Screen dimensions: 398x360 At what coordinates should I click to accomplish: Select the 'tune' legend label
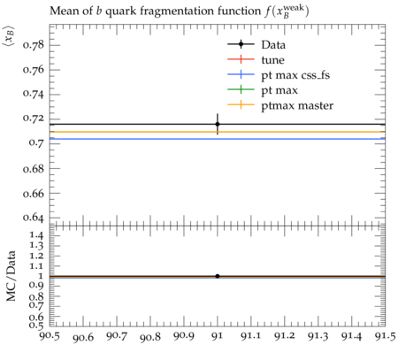(272, 60)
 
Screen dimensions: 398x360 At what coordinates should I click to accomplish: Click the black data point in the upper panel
(218, 124)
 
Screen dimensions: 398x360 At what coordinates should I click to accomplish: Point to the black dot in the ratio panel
(218, 276)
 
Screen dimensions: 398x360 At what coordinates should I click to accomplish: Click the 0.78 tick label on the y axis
(34, 45)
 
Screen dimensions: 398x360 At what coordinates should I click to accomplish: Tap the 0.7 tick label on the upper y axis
(36, 143)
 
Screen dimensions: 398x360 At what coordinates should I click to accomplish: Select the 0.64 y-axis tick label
(34, 218)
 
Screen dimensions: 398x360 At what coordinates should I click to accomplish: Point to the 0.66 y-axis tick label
(34, 194)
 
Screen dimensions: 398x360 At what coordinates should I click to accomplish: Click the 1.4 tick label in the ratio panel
(36, 235)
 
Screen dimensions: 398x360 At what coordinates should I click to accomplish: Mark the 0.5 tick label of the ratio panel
(36, 325)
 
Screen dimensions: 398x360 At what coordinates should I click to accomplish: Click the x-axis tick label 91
(218, 336)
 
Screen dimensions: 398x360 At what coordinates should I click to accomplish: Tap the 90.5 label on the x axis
(50, 336)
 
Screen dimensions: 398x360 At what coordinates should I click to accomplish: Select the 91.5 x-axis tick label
(385, 336)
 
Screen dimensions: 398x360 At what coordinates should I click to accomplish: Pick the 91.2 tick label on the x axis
(285, 336)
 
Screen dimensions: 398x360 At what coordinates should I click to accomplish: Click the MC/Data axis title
(11, 276)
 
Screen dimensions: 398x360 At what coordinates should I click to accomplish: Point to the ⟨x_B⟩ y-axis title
(10, 35)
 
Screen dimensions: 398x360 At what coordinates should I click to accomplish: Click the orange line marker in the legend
(241, 104)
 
